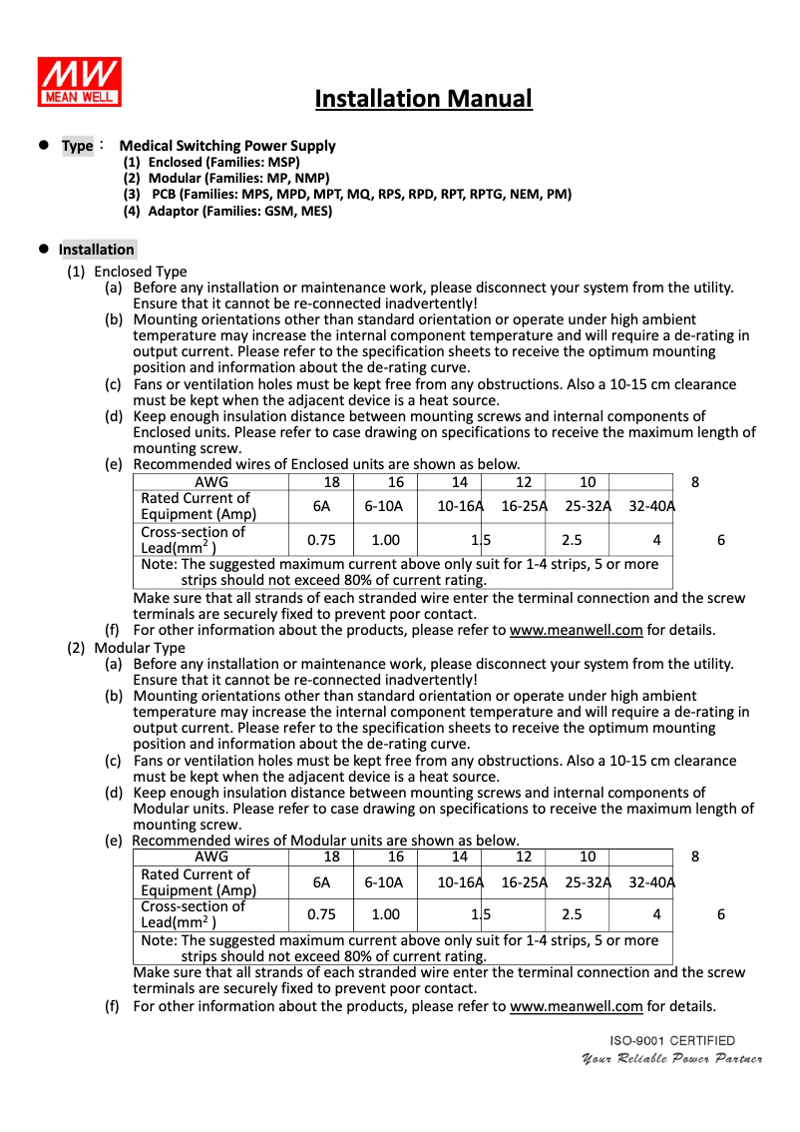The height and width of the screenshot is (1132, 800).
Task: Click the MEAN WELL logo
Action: pyautogui.click(x=80, y=80)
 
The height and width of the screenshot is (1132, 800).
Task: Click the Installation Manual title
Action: pyautogui.click(x=423, y=99)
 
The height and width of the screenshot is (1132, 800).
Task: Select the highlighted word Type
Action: pyautogui.click(x=77, y=146)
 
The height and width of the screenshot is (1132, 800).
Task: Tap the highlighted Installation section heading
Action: pyautogui.click(x=96, y=250)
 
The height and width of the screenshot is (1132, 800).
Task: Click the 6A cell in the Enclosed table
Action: pyautogui.click(x=321, y=506)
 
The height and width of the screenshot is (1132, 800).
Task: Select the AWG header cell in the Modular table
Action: pyautogui.click(x=210, y=856)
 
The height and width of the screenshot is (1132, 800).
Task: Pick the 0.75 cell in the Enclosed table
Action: pyautogui.click(x=321, y=540)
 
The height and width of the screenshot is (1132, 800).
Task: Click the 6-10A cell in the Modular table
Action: pyautogui.click(x=384, y=881)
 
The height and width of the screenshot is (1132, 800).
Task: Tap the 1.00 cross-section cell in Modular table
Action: pyautogui.click(x=385, y=914)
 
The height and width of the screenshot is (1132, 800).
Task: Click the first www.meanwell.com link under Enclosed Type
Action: pyautogui.click(x=576, y=631)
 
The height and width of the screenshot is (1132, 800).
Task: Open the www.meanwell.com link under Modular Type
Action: pyautogui.click(x=576, y=1006)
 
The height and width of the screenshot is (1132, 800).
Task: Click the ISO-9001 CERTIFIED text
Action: pyautogui.click(x=672, y=1040)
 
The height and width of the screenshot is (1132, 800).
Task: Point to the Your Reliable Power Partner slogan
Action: pyautogui.click(x=672, y=1058)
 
